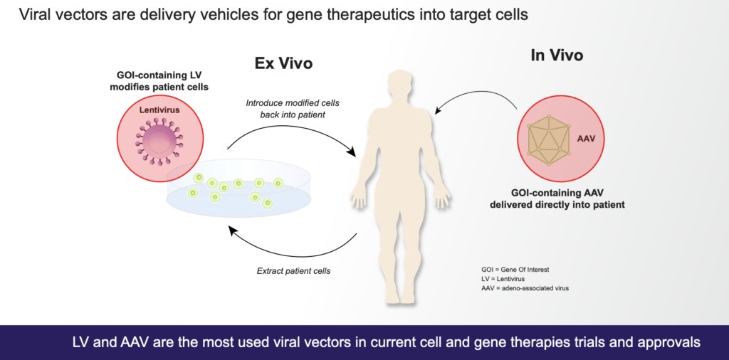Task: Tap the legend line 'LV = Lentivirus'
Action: [x=502, y=280]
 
